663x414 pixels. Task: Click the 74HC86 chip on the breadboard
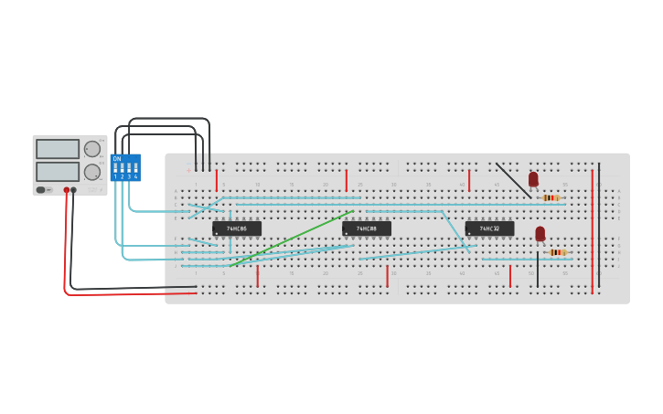[237, 228]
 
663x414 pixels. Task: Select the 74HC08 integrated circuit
[367, 228]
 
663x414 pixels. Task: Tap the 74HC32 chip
[489, 228]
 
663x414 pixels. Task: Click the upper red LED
[533, 179]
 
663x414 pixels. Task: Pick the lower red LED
[540, 234]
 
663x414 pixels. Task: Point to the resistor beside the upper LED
[550, 197]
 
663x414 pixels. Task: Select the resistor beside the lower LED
[557, 252]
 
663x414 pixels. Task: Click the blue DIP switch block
[125, 168]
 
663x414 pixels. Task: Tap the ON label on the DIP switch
[117, 159]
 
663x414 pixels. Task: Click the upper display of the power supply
[58, 149]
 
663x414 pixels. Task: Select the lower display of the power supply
[58, 171]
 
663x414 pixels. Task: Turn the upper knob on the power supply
[92, 149]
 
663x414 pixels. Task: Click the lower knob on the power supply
[92, 172]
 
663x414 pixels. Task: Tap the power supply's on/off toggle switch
[42, 190]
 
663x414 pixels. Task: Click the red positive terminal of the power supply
[67, 190]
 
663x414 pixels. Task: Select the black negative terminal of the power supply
[74, 190]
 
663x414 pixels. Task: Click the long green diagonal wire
[291, 239]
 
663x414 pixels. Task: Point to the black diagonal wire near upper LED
[513, 180]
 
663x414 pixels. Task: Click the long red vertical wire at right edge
[592, 228]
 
